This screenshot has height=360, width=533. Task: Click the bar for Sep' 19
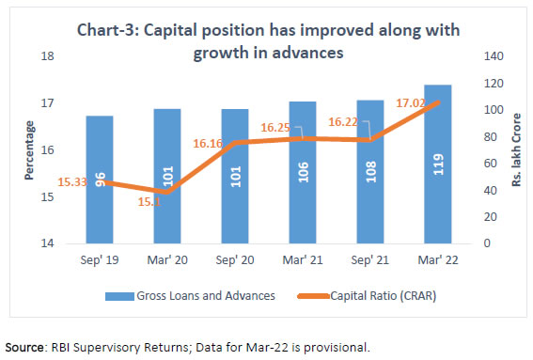(x=99, y=180)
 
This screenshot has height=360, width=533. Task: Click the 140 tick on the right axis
(x=494, y=56)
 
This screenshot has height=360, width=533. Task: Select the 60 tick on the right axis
(x=491, y=164)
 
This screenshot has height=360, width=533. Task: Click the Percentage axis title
(x=30, y=150)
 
